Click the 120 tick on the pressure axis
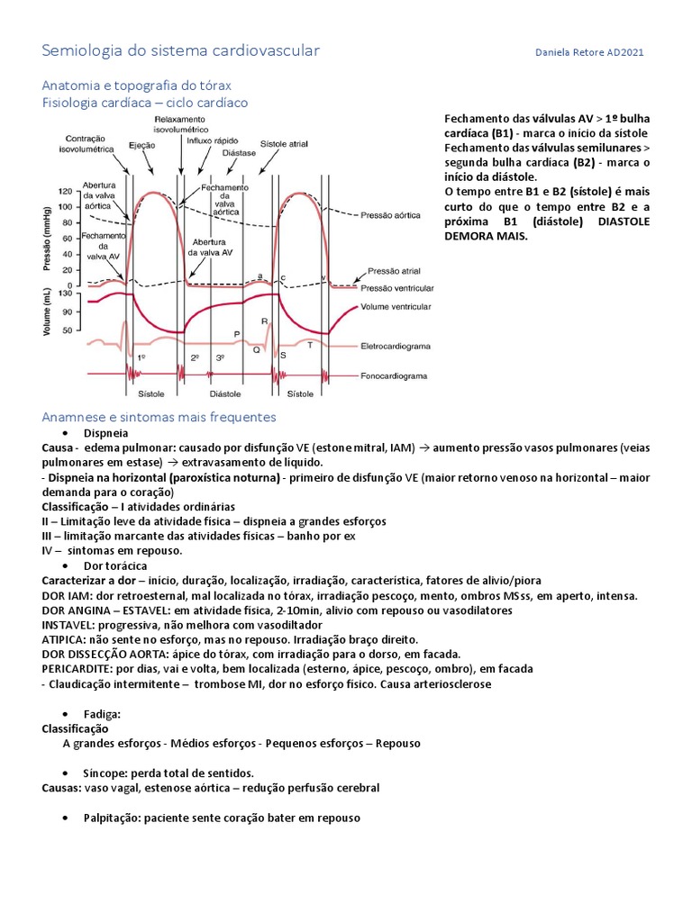pos(65,192)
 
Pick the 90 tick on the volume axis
pos(65,312)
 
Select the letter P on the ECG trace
pos(237,333)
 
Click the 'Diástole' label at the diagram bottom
pos(225,393)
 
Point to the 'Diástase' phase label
pos(241,153)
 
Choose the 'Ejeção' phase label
pos(141,144)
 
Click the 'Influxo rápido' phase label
pos(213,140)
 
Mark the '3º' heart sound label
pos(219,357)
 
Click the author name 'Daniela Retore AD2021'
pos(589,52)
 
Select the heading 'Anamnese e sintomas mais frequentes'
pos(159,417)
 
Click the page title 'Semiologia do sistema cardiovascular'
pos(180,50)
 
